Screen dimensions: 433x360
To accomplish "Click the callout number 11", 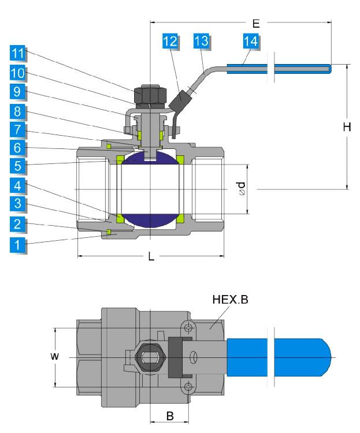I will click(19, 54).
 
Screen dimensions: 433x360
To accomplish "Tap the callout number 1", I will click(19, 244).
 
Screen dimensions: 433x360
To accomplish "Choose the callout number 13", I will click(201, 42).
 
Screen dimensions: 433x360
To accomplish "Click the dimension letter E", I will click(256, 23).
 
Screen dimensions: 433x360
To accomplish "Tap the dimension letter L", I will click(151, 257).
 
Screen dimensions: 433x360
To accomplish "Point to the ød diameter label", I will click(243, 188).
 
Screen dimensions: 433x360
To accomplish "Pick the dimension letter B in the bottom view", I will click(170, 416).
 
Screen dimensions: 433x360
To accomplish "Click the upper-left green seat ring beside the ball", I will click(121, 159).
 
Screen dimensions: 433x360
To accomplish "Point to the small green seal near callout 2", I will click(109, 233).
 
